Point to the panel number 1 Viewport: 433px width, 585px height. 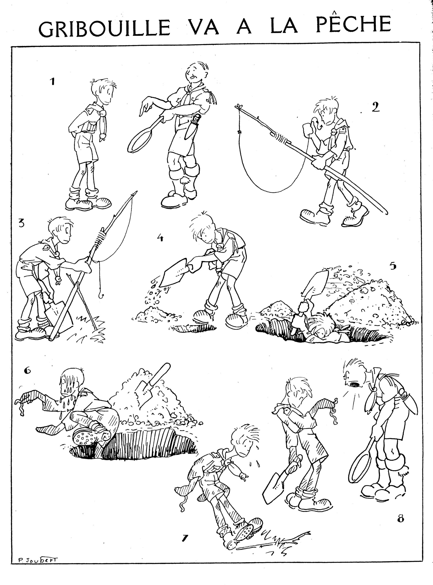pos(53,82)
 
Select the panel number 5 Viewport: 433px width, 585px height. pos(393,266)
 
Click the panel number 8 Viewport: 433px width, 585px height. pos(401,518)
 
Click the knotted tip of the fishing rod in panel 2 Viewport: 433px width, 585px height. pos(238,106)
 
